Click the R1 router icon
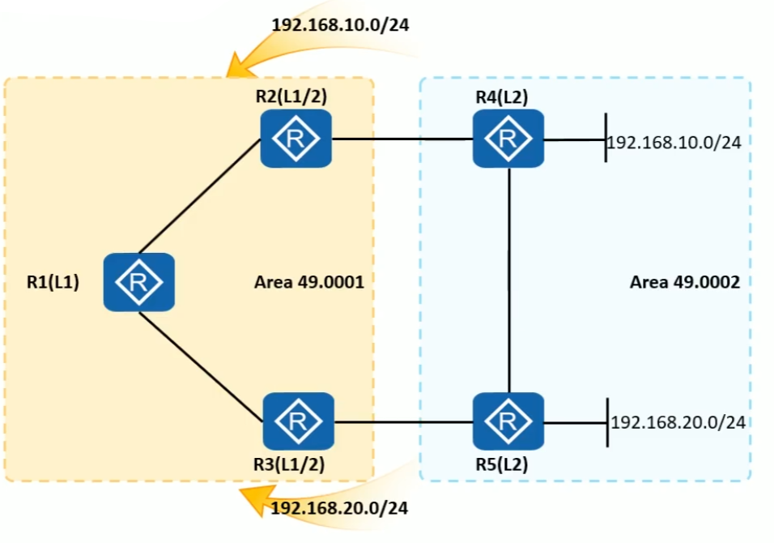point(138,282)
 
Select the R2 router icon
point(296,139)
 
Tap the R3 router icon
point(298,421)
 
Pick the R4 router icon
point(508,139)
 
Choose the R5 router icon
point(508,421)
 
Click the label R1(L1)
point(53,284)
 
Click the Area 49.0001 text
point(309,283)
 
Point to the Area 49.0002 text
point(685,283)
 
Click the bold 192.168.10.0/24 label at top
point(340,24)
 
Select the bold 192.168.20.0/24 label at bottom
point(339,509)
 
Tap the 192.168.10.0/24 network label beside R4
point(674,143)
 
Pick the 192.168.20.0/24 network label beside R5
point(678,422)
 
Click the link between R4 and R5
point(508,280)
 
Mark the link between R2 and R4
point(402,139)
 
